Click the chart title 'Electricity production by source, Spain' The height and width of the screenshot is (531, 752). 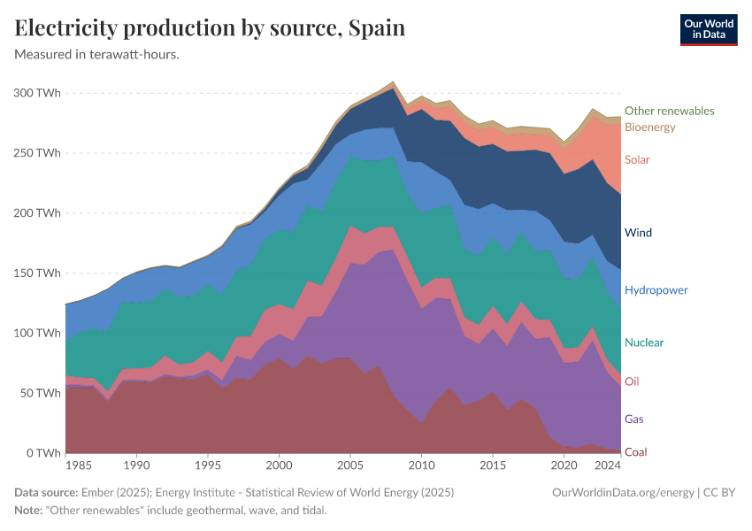tap(211, 28)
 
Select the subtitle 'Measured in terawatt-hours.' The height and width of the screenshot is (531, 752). tap(97, 54)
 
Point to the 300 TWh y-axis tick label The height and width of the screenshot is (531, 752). tap(37, 93)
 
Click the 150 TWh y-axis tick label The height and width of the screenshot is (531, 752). tap(37, 273)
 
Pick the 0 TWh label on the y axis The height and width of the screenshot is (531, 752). tap(42, 453)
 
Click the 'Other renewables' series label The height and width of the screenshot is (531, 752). tap(669, 111)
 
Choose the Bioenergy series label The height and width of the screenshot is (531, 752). tap(649, 127)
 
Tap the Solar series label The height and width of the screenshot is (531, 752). tap(637, 160)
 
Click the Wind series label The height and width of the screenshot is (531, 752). tap(638, 233)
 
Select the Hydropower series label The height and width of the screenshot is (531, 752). tap(656, 290)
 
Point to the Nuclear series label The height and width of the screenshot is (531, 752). tap(644, 342)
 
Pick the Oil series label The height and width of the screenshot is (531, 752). tap(632, 381)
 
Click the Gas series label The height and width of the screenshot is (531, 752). tap(633, 419)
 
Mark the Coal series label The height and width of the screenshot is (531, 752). tap(635, 452)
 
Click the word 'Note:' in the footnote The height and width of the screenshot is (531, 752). tap(30, 511)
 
